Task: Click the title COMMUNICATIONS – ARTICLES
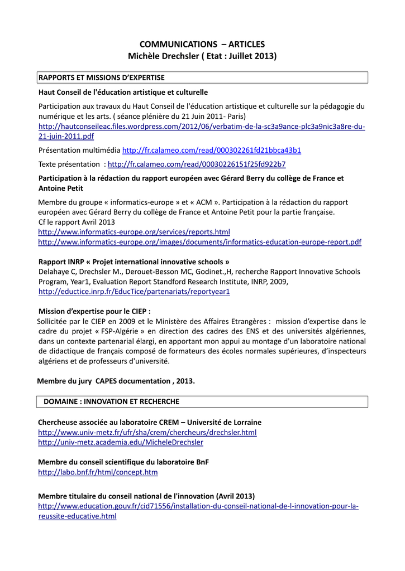click(x=202, y=44)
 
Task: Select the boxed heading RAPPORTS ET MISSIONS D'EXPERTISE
click(x=101, y=78)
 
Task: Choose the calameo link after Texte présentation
click(x=197, y=164)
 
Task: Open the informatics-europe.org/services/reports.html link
click(x=134, y=231)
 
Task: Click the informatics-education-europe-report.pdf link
click(x=199, y=242)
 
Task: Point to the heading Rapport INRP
click(x=134, y=262)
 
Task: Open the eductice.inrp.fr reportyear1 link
click(x=134, y=292)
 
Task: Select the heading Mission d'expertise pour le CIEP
click(x=95, y=311)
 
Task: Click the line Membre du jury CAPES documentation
click(x=116, y=381)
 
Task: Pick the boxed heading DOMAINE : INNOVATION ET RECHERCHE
click(x=112, y=401)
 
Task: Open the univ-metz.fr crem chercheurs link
click(x=147, y=432)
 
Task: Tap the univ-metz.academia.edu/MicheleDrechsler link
click(x=121, y=442)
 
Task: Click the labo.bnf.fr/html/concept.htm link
click(x=98, y=472)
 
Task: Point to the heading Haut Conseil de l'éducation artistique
click(x=123, y=92)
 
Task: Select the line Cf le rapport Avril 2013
click(x=77, y=221)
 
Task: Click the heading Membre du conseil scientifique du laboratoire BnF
click(x=123, y=462)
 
